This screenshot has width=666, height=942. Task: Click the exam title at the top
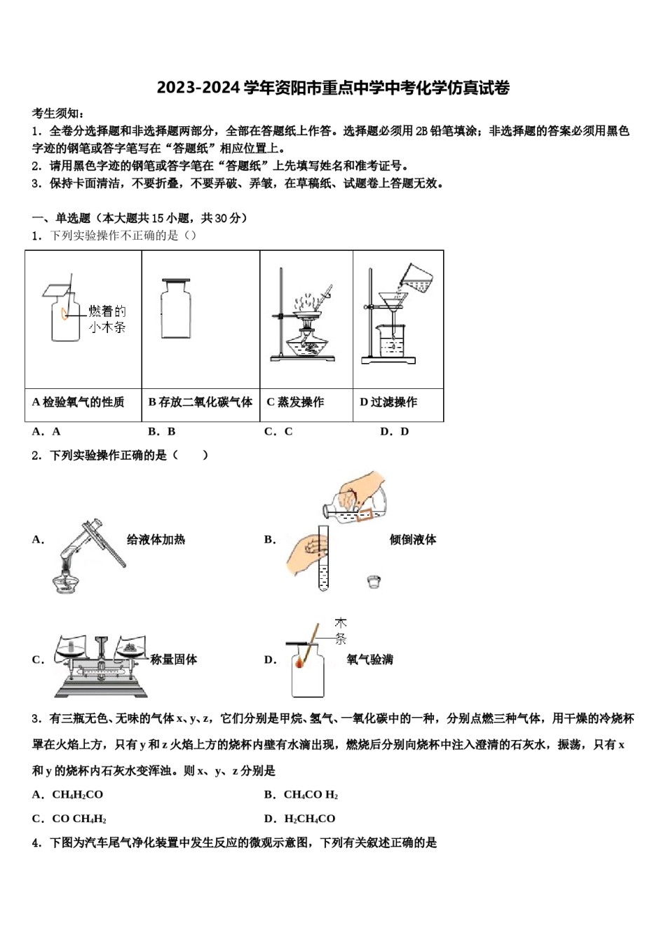(333, 88)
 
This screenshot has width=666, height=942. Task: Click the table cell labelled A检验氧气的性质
(79, 402)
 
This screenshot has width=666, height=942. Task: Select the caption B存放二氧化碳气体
(201, 402)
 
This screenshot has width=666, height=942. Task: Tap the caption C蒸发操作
(295, 402)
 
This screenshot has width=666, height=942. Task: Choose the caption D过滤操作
(388, 402)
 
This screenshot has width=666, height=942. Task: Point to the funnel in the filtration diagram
(393, 302)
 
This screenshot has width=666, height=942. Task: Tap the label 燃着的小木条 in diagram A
(107, 319)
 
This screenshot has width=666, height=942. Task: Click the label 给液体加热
(156, 540)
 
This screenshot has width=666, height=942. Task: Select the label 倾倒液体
(413, 540)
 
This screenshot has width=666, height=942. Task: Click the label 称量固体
(174, 660)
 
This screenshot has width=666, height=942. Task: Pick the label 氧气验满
(369, 660)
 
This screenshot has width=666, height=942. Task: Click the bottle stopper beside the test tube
(374, 581)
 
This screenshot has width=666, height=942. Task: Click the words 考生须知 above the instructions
(58, 114)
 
